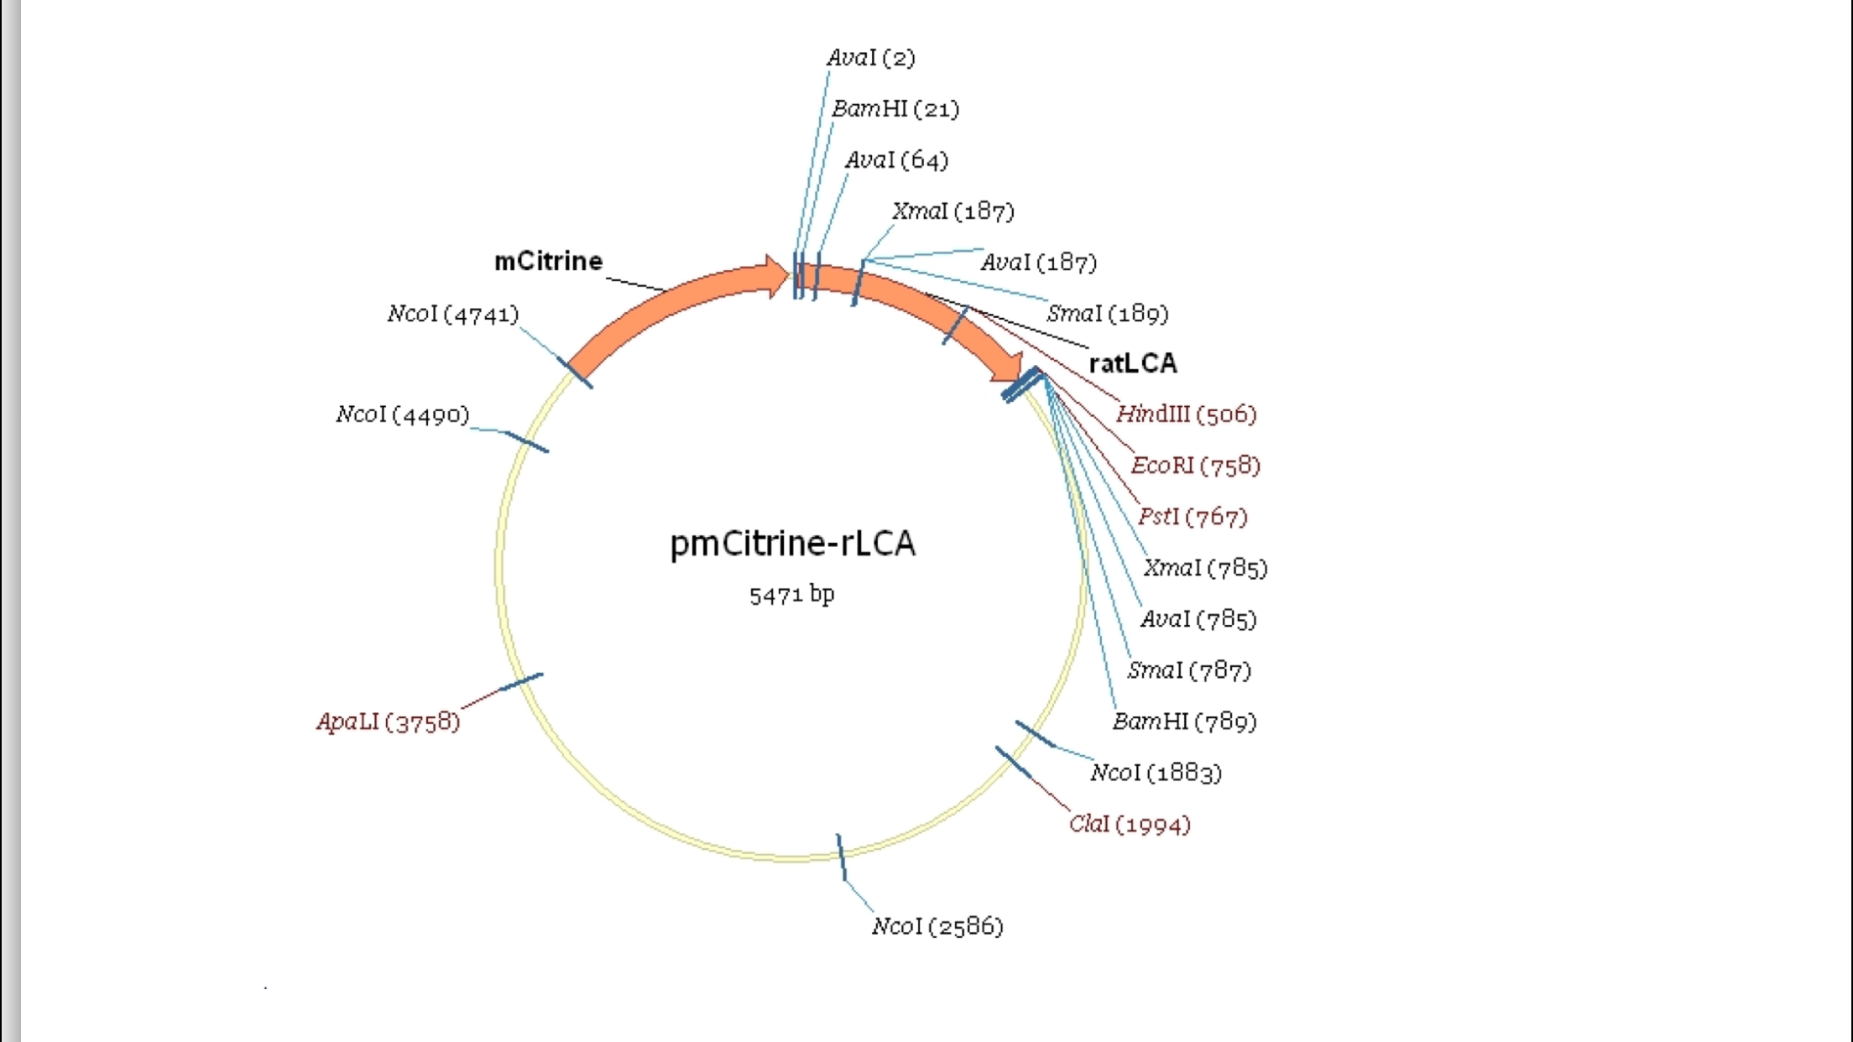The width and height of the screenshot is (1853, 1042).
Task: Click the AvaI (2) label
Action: pos(870,58)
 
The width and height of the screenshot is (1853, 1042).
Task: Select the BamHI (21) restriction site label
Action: pos(895,109)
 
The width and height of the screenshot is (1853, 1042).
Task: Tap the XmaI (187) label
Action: pos(953,211)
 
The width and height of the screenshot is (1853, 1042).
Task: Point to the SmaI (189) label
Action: pos(1107,314)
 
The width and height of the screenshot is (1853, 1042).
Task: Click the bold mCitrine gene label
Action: pos(548,261)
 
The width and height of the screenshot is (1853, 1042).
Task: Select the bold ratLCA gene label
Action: pos(1133,363)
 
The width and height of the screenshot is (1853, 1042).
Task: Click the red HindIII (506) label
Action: pos(1186,414)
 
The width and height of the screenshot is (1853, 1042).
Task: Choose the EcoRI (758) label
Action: pos(1195,466)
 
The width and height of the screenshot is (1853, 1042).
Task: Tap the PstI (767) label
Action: pos(1192,517)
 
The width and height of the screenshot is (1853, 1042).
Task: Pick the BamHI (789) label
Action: pos(1184,722)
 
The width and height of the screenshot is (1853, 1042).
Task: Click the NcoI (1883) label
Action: pos(1156,773)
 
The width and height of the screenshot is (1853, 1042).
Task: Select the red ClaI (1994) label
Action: pos(1130,824)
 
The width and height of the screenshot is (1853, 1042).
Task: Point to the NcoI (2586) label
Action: pos(937,926)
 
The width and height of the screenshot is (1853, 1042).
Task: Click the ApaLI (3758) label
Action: pos(389,722)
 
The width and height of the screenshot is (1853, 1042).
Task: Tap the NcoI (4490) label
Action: pos(402,414)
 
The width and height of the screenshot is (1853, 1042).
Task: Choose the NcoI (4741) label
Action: pos(452,314)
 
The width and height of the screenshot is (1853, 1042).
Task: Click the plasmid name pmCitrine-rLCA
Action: pos(792,544)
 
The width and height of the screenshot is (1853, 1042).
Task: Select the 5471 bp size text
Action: pos(791,595)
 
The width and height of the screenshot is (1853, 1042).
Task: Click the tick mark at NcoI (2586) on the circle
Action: pos(841,857)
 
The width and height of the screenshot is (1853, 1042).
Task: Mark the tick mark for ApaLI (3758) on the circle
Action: pos(521,682)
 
